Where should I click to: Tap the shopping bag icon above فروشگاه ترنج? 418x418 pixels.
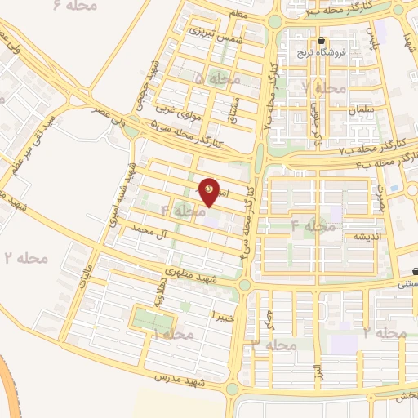(x=322, y=41)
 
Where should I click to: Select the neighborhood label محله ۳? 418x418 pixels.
(x=273, y=345)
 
